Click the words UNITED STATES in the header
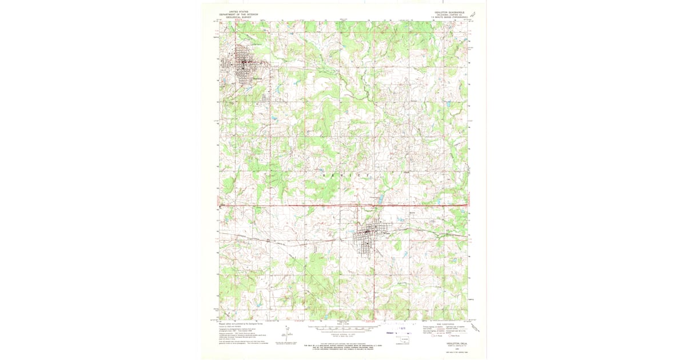click(238, 11)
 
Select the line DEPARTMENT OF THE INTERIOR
click(238, 14)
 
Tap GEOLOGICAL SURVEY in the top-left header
click(238, 17)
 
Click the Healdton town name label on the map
click(257, 78)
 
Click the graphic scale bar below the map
click(343, 329)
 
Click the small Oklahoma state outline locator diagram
click(405, 342)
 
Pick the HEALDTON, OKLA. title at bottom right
click(449, 345)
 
